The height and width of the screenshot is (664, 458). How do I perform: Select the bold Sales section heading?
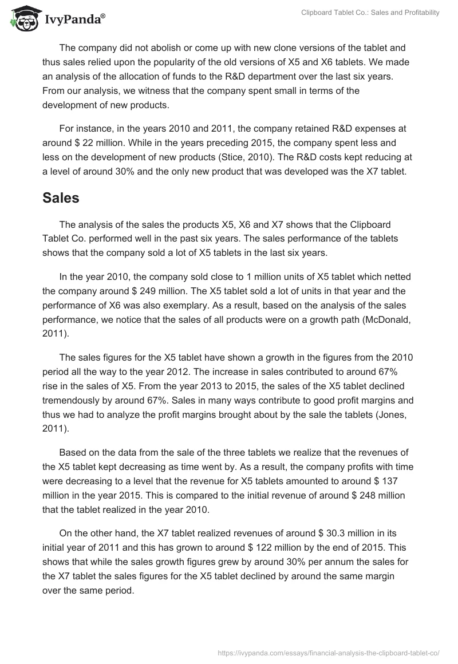[x=61, y=198]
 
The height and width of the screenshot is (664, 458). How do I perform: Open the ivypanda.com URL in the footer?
[x=329, y=651]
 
